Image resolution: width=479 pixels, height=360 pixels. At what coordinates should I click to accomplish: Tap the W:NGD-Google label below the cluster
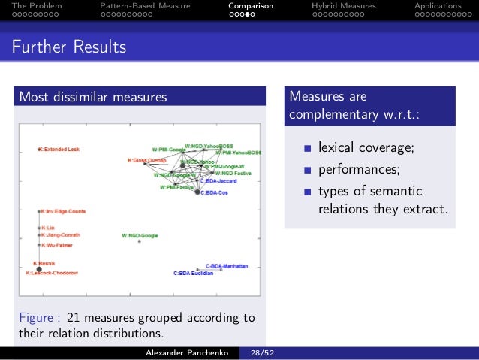140,236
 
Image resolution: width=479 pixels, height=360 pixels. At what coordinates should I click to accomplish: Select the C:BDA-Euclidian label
194,274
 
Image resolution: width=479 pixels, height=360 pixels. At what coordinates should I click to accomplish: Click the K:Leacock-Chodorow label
52,273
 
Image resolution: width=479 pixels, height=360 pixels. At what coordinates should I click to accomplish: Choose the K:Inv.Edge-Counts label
64,211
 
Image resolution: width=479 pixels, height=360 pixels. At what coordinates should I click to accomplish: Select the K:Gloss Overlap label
146,160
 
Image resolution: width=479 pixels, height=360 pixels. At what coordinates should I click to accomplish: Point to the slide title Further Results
68,48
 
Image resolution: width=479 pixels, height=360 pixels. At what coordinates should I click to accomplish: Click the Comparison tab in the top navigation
251,6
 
